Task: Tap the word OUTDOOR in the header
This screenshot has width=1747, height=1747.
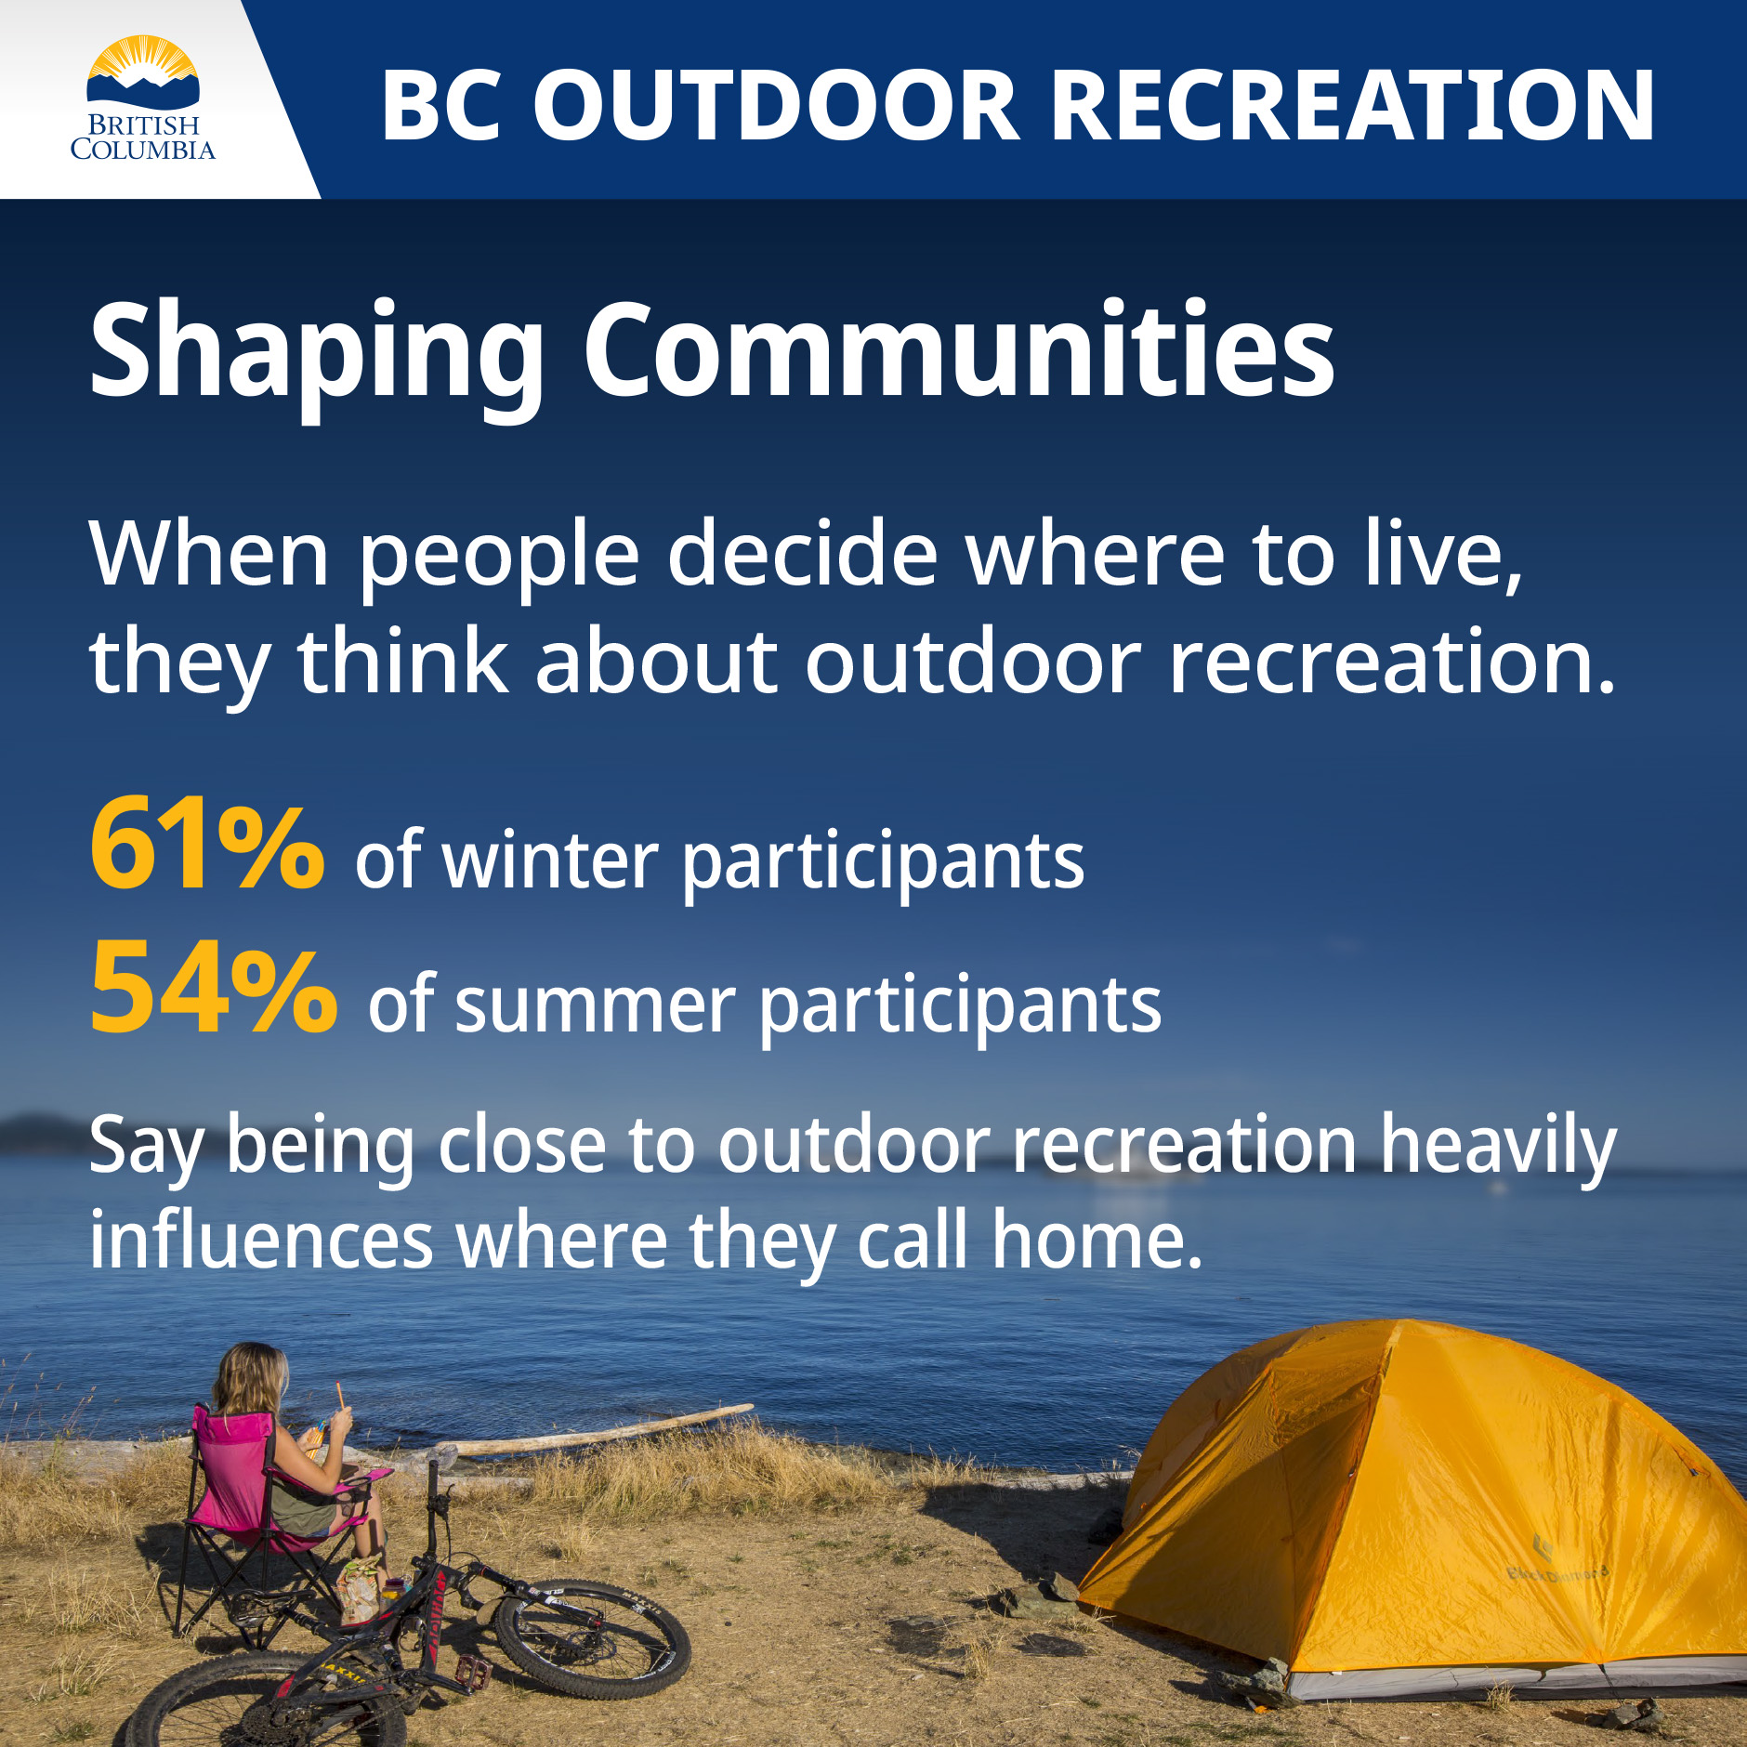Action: click(776, 106)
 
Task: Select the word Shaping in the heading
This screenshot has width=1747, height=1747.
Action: click(316, 353)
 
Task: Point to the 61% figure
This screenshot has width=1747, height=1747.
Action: click(206, 846)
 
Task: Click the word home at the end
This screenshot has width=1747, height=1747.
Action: click(1097, 1241)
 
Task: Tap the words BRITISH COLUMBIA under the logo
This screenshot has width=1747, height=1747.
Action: click(142, 138)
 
